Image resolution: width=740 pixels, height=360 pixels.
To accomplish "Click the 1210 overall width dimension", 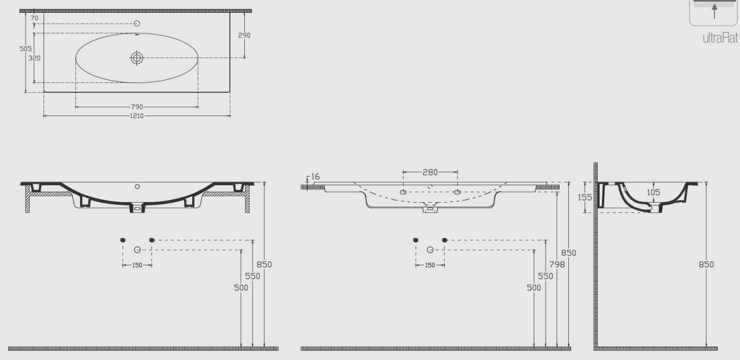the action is pos(137,116).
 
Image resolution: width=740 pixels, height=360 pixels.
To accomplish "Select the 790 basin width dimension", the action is pos(137,107).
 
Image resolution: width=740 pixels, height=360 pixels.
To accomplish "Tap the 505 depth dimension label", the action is pos(26,49).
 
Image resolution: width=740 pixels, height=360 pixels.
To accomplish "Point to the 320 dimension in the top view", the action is pos(34,58).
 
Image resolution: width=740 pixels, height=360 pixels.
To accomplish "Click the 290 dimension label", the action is pos(244,35).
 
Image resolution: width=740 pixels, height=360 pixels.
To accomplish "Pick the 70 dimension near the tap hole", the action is pos(34,18).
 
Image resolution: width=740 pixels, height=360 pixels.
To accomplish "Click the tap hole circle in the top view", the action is pos(137,23).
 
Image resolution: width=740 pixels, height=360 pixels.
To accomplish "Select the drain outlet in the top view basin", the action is pos(137,58).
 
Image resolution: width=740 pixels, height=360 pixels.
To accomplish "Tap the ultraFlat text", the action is pos(720,38).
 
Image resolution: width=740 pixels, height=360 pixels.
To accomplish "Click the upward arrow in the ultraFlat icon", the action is pos(714,11).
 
